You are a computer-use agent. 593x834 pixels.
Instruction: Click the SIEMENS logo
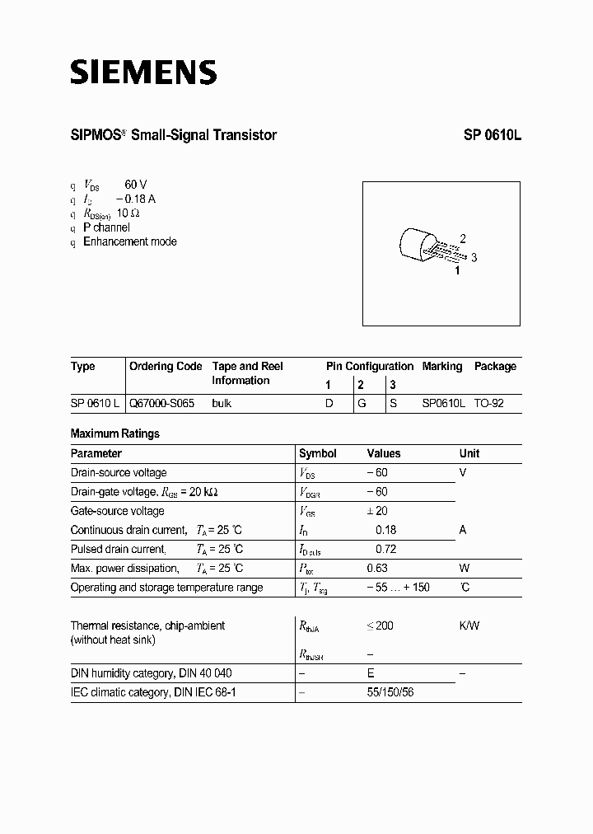(142, 73)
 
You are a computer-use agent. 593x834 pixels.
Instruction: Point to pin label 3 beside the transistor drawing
(474, 257)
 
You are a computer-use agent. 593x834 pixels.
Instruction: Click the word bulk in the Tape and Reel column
(222, 405)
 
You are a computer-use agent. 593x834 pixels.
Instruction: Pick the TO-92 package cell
(489, 405)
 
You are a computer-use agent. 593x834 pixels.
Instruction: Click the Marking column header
(442, 366)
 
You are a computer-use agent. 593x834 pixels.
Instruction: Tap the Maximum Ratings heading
(115, 433)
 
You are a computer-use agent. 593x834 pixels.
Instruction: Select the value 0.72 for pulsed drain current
(385, 549)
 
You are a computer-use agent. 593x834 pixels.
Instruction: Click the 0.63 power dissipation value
(378, 568)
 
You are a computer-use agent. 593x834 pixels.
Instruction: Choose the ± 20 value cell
(377, 511)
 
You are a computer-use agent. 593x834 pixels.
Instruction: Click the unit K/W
(469, 625)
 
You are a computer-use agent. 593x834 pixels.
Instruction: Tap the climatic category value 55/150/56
(390, 692)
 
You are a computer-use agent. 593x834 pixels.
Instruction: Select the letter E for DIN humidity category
(371, 673)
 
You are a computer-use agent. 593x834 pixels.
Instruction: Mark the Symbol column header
(318, 453)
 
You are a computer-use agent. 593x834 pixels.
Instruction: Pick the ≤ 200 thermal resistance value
(380, 625)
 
